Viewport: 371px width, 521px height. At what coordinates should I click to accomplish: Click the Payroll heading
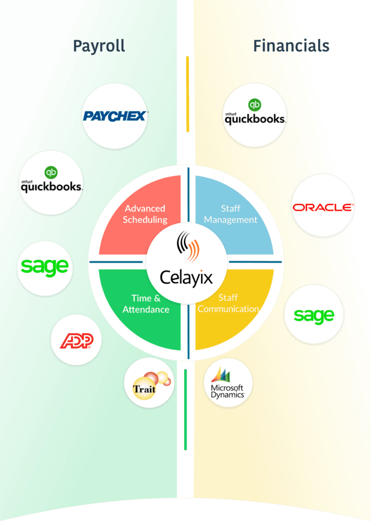pos(99,46)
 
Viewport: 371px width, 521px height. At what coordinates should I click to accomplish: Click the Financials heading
pos(291,46)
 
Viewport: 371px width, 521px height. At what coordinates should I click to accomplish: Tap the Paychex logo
pos(115,116)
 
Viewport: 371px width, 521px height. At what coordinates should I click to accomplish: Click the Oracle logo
pos(322,207)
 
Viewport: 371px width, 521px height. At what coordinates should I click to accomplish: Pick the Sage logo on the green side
pos(45,266)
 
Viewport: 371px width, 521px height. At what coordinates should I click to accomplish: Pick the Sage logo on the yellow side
pos(314,315)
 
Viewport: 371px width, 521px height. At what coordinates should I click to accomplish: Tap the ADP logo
pos(76,340)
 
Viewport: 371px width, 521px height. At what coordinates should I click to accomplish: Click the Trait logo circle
pos(149,383)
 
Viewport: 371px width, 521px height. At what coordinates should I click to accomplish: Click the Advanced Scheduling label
pos(145,214)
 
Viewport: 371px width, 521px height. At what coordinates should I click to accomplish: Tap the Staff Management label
pos(231,214)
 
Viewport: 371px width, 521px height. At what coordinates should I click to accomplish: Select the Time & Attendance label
pos(146,304)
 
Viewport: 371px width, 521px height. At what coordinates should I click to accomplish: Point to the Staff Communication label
pos(229,303)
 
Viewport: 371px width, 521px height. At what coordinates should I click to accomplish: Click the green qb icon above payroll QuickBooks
pos(50,172)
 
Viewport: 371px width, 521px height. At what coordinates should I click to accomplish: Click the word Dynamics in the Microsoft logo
pos(227,395)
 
